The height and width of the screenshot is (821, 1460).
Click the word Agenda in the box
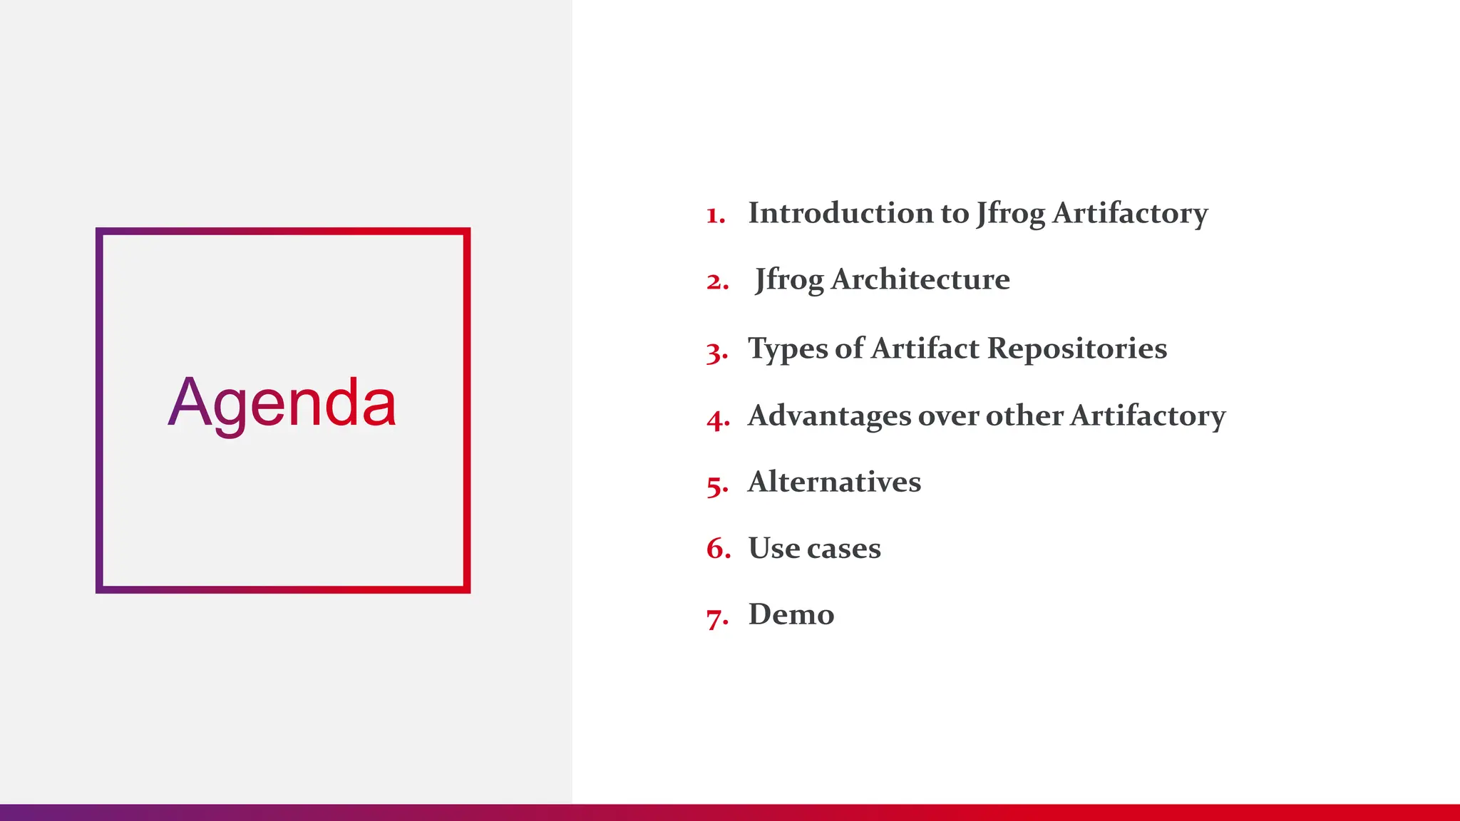(x=282, y=404)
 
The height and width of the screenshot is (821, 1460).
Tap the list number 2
(x=716, y=282)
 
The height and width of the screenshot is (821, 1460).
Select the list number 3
(x=716, y=351)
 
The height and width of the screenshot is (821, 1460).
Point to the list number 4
(x=717, y=418)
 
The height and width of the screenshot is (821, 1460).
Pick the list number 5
(x=716, y=485)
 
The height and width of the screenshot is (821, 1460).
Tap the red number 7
(x=716, y=616)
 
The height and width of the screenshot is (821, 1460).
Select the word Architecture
(x=920, y=279)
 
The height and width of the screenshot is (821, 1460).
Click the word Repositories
(x=1077, y=348)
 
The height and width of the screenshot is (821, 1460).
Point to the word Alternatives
(x=834, y=482)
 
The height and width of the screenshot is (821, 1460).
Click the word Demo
(x=791, y=614)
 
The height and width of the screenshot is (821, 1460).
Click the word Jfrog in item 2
(x=788, y=279)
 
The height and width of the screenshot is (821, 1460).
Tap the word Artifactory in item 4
(x=1148, y=415)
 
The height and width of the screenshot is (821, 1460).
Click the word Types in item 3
(x=788, y=348)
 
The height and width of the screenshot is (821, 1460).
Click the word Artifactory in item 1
(x=1130, y=213)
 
